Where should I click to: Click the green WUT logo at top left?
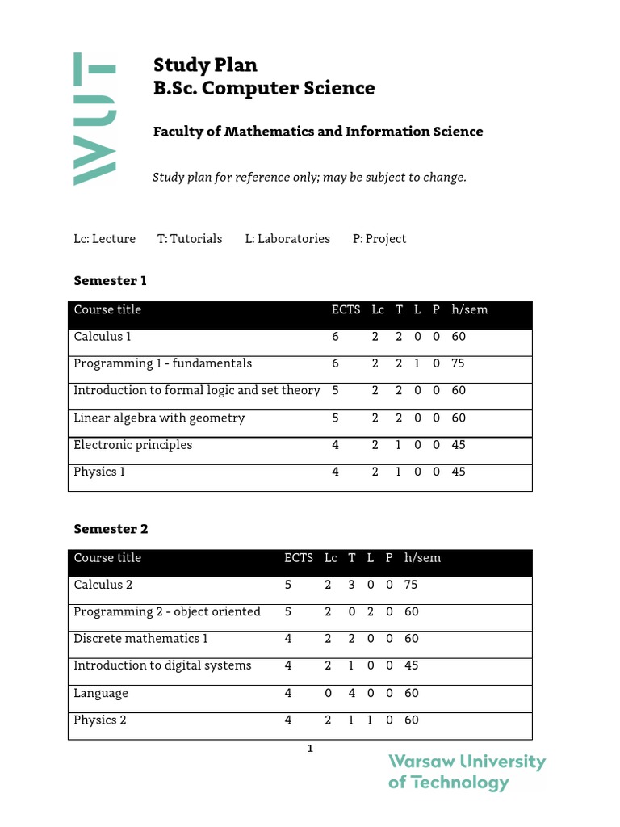[x=95, y=120]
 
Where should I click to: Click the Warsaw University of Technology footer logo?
[x=467, y=772]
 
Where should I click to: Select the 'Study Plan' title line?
[x=205, y=65]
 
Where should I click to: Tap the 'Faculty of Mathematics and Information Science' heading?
[x=318, y=132]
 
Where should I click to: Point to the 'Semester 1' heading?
[x=111, y=281]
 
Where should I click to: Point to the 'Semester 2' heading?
[x=111, y=529]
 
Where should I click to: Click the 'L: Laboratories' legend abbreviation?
[x=287, y=239]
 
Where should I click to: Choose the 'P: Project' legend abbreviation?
[x=379, y=239]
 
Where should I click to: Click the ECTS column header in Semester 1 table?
[x=346, y=310]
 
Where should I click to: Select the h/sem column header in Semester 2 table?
[x=422, y=558]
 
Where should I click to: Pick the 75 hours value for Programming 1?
[x=459, y=364]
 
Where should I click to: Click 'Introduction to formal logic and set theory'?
[x=197, y=391]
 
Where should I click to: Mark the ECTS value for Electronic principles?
[x=336, y=445]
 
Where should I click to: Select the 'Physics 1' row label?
[x=99, y=472]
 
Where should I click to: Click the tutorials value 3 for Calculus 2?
[x=352, y=585]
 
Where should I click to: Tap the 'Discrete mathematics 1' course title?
[x=140, y=639]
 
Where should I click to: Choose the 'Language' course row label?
[x=101, y=693]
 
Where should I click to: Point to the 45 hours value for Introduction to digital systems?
[x=412, y=666]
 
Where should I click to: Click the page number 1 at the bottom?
[x=310, y=749]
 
